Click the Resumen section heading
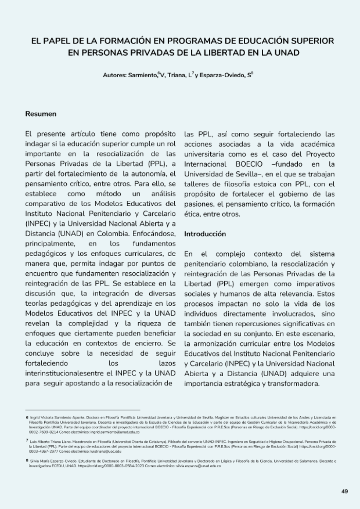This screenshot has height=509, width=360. [41, 114]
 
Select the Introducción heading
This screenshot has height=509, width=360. [205, 234]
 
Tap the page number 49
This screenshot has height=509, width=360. [345, 491]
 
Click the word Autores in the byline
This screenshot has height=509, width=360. [114, 76]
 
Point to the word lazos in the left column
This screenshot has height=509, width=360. [167, 363]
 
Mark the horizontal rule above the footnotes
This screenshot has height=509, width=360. [82, 410]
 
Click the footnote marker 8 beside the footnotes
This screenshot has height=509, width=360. [27, 460]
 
